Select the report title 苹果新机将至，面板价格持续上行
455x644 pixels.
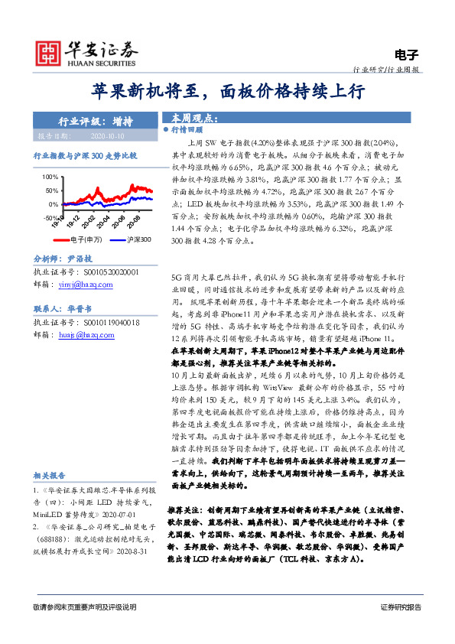[227, 92]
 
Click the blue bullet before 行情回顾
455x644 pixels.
[166, 131]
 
